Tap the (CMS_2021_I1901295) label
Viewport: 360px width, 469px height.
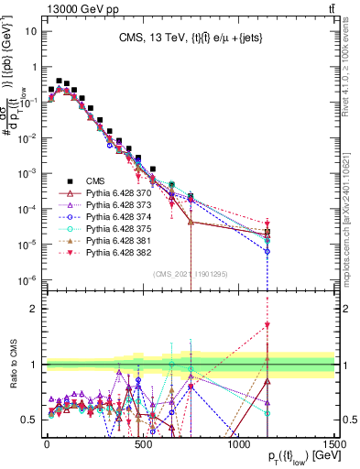(x=190, y=273)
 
